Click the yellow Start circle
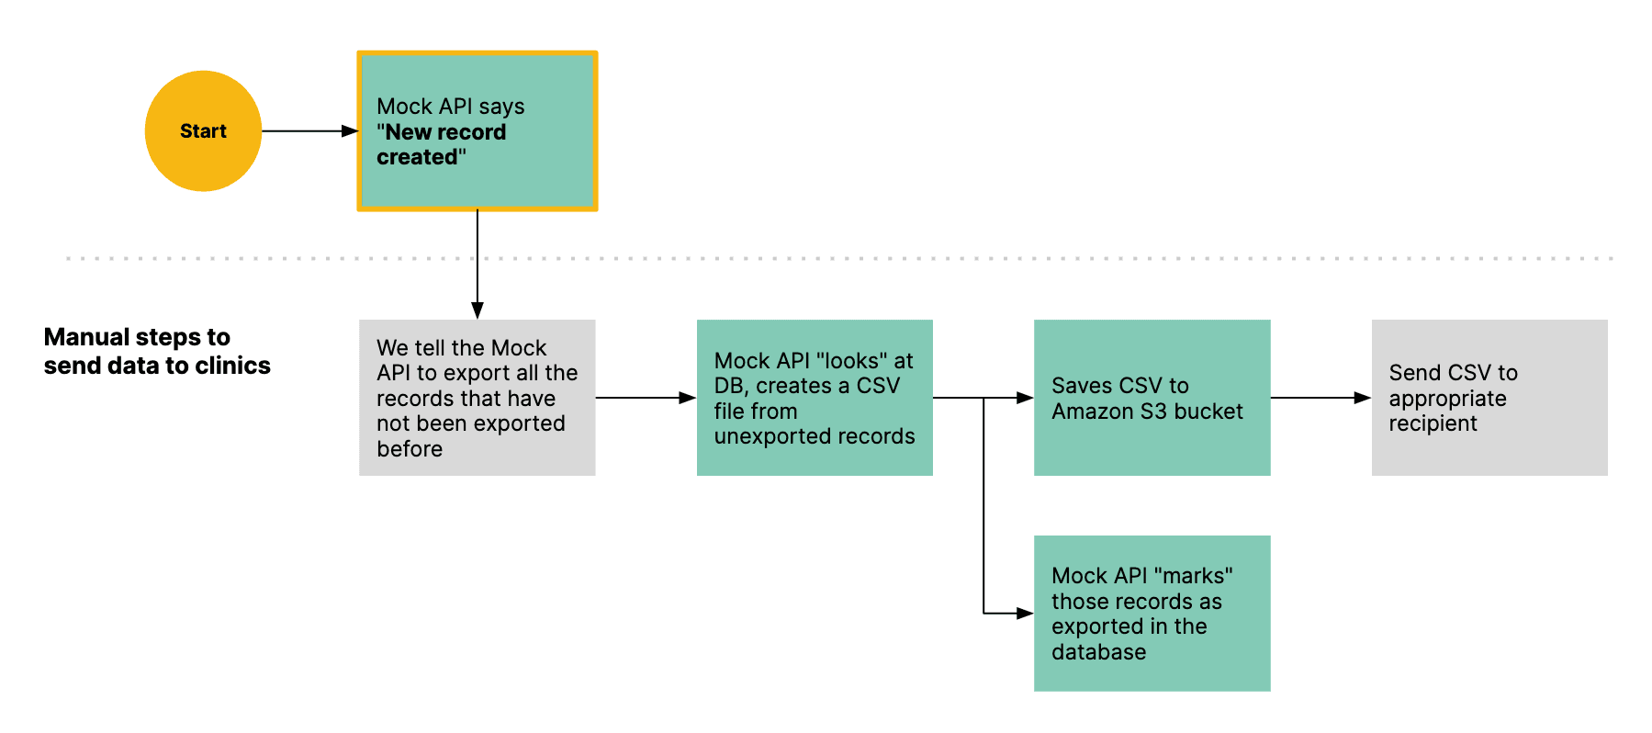(x=203, y=131)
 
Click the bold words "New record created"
(x=441, y=144)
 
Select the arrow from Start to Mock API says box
(x=308, y=131)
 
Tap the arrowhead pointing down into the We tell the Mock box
(x=478, y=310)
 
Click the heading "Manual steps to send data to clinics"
(x=156, y=351)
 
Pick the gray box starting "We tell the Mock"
(x=478, y=398)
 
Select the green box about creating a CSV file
(x=815, y=398)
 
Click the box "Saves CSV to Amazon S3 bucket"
(x=1152, y=398)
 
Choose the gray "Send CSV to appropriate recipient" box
(x=1489, y=398)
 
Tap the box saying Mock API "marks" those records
(x=1152, y=614)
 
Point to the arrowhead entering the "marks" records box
(x=1026, y=613)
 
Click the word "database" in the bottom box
(x=1098, y=652)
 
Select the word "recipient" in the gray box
(x=1433, y=423)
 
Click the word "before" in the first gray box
(x=410, y=449)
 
